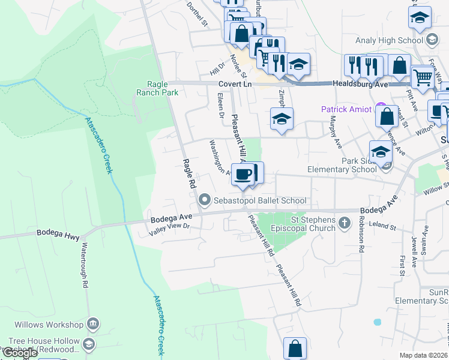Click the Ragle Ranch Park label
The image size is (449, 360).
[x=162, y=89]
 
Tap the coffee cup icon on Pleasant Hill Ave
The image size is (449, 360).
[x=242, y=175]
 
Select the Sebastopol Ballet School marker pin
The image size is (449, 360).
[x=205, y=199]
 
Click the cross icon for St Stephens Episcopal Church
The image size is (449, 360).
[x=344, y=224]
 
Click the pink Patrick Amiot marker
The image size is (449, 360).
[x=380, y=109]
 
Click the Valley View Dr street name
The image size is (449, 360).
[x=169, y=226]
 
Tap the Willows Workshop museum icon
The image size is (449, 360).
[x=92, y=325]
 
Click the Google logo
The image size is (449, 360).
[x=20, y=353]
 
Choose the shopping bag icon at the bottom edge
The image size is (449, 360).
[x=295, y=348]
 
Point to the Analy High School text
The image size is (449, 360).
[x=397, y=41]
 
